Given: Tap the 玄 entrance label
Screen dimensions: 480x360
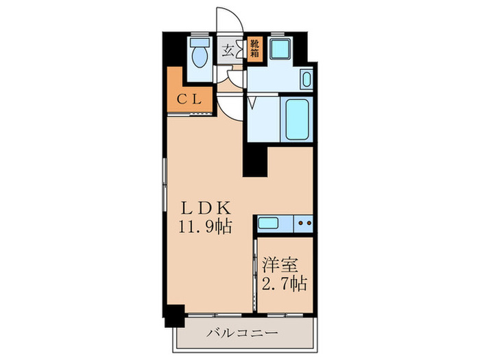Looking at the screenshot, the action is point(227,50).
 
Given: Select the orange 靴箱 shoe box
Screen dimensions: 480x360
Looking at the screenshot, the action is point(255,49).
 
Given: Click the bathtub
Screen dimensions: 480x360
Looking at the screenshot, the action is point(297,119).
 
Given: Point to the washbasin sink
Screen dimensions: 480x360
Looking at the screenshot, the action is point(307,80).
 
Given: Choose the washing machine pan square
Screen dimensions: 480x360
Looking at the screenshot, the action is point(280,49).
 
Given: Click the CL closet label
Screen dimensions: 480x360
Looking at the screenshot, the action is point(190,99).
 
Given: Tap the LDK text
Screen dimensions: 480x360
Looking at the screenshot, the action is point(205,208).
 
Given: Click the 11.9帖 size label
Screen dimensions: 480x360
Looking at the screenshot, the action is point(205,226).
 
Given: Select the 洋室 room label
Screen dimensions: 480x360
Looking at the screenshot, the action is point(280,265).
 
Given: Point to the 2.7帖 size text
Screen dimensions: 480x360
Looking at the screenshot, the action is point(284,283).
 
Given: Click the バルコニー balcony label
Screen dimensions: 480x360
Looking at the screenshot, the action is point(242,333).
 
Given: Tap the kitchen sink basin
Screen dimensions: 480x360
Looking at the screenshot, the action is point(268,223).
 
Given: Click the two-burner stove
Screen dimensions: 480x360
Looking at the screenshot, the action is point(303,224).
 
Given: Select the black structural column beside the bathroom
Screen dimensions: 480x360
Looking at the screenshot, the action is point(255,160).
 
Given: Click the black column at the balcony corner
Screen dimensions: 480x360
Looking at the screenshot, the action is point(174,316).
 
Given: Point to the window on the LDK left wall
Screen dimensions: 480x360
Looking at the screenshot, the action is point(165,184).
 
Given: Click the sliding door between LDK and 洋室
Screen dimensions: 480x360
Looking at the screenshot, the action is point(254,275).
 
